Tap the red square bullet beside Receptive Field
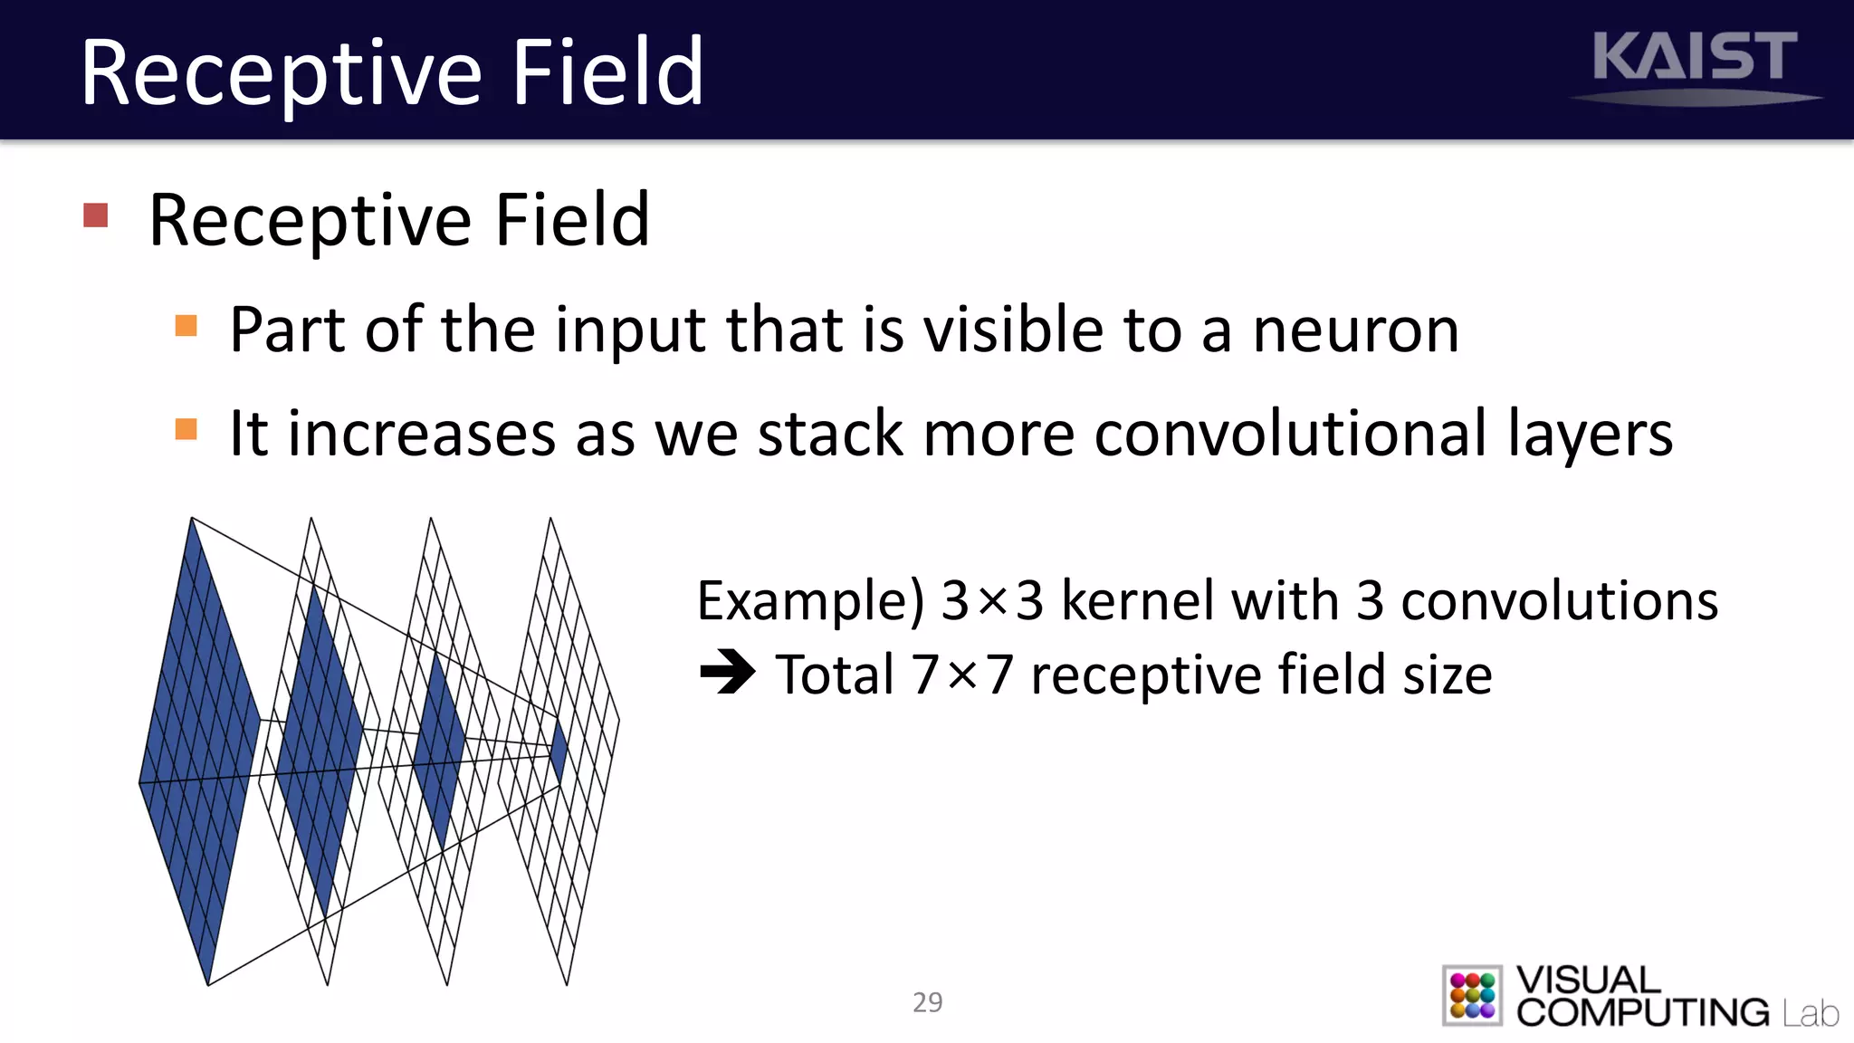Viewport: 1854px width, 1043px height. click(x=96, y=215)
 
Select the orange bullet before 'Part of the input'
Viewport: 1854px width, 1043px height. click(x=186, y=326)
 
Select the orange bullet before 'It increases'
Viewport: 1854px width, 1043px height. click(x=186, y=429)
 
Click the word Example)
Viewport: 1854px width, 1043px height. click(x=810, y=602)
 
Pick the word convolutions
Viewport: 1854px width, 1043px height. click(x=1559, y=600)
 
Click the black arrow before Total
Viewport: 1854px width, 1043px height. click(x=727, y=673)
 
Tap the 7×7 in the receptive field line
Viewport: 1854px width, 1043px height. click(x=961, y=675)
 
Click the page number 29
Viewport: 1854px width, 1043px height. click(x=927, y=1002)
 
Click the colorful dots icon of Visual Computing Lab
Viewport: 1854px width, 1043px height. click(x=1472, y=995)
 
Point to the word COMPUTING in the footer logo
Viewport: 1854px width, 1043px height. click(x=1642, y=1012)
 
